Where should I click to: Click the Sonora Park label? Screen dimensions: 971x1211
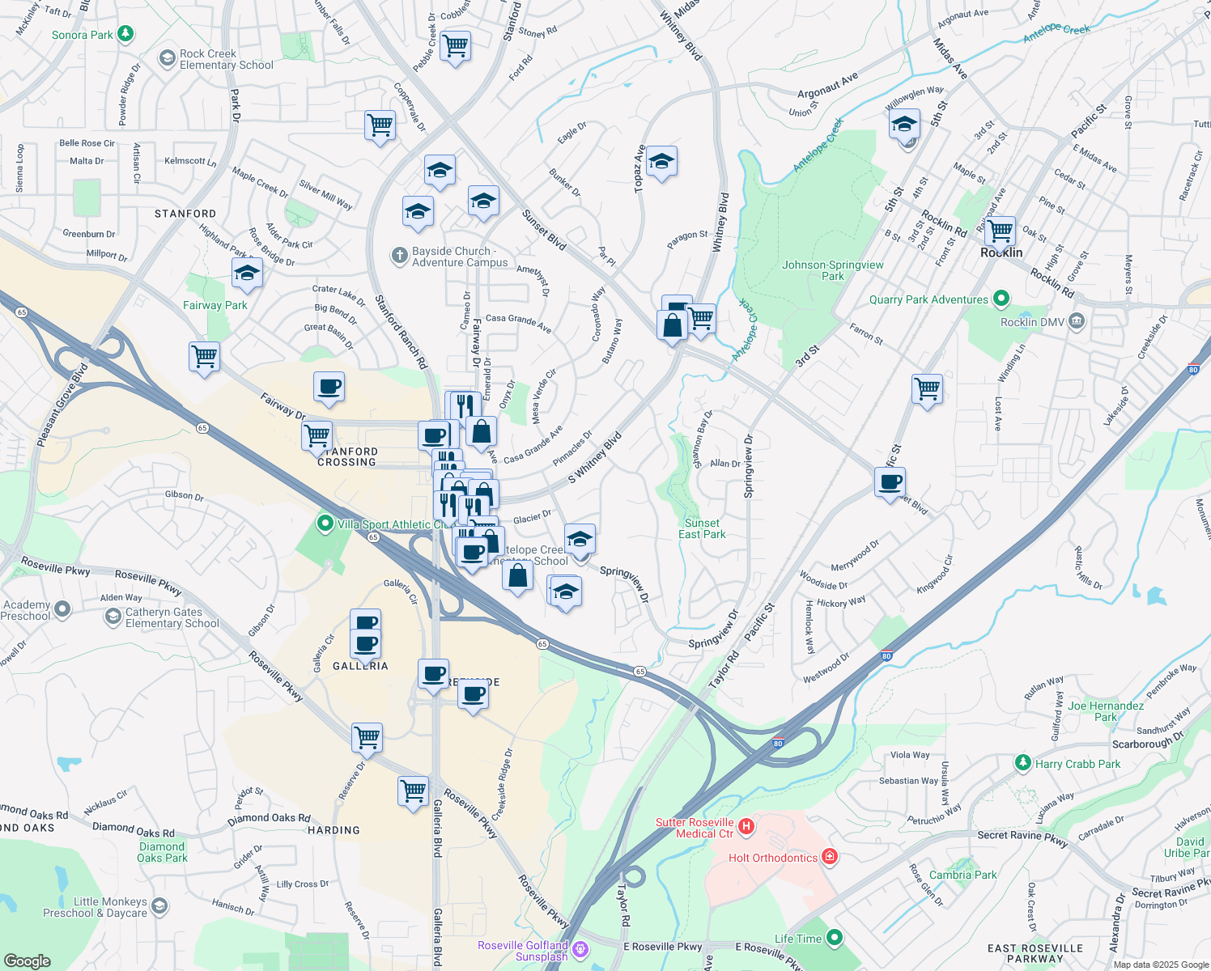83,35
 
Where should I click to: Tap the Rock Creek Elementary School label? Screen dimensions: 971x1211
227,59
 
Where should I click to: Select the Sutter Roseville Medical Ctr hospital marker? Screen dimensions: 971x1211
746,827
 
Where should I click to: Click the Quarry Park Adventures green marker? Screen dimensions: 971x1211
1001,299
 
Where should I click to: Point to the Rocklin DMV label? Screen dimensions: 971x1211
1032,322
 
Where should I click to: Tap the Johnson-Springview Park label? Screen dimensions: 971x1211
832,270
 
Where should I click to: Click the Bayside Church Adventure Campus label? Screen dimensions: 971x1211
460,257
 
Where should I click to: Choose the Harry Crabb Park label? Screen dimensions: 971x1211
1077,764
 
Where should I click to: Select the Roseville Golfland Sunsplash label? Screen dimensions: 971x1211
523,951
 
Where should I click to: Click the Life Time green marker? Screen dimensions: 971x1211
835,938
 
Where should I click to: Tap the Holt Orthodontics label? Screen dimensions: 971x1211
773,858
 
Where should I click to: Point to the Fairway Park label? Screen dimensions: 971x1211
215,305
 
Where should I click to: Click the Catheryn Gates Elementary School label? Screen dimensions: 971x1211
172,617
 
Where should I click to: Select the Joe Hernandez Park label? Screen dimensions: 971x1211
1106,711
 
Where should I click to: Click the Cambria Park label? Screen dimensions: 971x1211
963,875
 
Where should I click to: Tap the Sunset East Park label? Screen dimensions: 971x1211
702,528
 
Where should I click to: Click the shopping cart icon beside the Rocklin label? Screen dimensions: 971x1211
1001,231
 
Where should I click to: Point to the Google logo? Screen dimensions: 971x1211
28,961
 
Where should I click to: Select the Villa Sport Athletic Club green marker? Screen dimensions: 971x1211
325,524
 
